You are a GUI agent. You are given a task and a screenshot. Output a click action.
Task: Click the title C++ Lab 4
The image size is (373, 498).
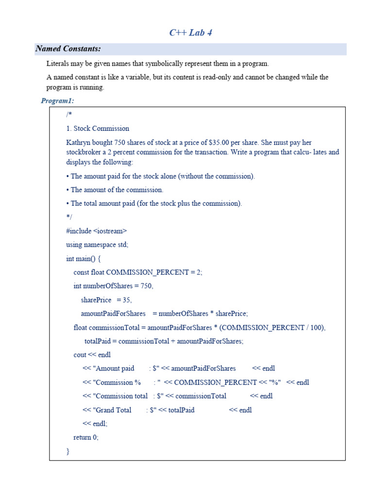click(x=190, y=33)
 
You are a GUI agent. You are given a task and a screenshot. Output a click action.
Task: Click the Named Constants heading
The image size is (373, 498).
click(x=68, y=49)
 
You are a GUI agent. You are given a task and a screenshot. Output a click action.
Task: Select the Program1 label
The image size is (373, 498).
click(x=57, y=101)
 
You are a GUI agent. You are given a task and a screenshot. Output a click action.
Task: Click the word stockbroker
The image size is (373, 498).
click(x=85, y=152)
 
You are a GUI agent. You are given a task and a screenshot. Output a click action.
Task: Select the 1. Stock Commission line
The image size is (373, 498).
click(x=98, y=128)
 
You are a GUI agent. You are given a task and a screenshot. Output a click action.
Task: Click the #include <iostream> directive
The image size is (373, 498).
click(x=96, y=231)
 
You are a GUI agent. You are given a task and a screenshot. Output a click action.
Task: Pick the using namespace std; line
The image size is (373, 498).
click(x=97, y=245)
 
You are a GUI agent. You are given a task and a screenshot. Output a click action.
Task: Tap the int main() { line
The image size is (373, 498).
click(x=83, y=258)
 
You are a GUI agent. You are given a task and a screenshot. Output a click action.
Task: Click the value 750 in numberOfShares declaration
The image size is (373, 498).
click(x=146, y=286)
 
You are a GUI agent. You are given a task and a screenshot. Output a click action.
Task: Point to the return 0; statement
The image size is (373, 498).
click(x=86, y=437)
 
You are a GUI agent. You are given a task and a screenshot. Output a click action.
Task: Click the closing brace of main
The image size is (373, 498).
click(x=68, y=451)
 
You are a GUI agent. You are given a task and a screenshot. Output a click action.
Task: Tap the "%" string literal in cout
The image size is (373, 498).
click(x=275, y=382)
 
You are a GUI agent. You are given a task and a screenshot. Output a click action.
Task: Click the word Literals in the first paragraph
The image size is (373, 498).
click(x=59, y=64)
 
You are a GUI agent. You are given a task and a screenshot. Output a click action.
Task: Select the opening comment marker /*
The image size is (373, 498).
click(x=69, y=115)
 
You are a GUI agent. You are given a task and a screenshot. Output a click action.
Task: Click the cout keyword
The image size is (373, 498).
click(x=81, y=355)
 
